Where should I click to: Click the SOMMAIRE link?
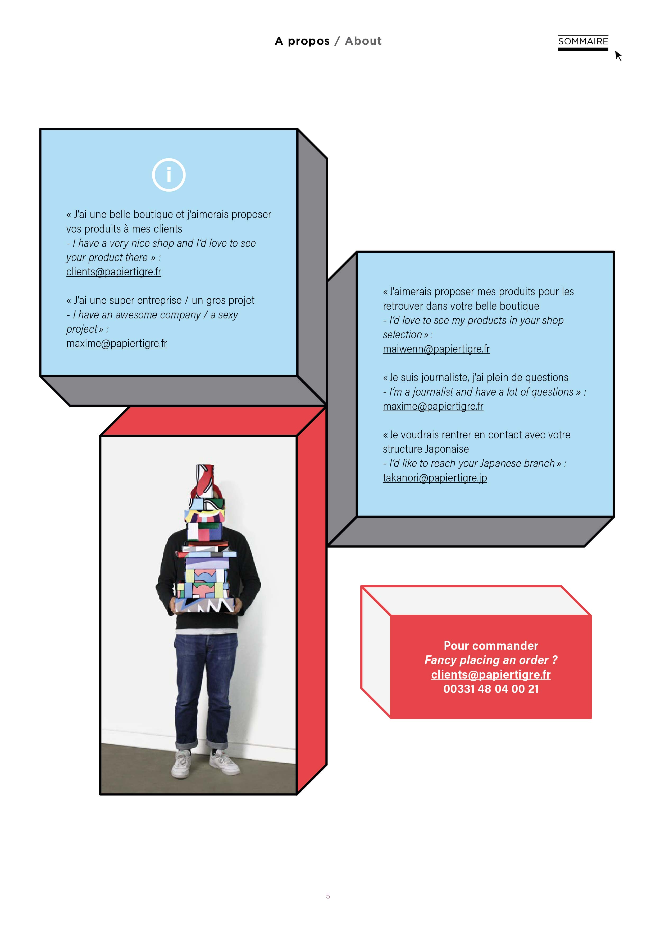click(x=582, y=41)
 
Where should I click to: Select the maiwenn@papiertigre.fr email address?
click(x=436, y=349)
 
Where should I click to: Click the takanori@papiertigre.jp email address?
click(x=435, y=478)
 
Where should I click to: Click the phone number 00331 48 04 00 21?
click(x=491, y=689)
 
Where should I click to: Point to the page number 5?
click(x=328, y=896)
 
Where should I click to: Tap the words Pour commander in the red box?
click(x=491, y=646)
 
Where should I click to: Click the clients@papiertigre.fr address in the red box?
click(x=491, y=675)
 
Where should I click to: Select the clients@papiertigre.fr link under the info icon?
click(x=113, y=272)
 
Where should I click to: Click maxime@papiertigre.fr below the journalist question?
click(x=433, y=406)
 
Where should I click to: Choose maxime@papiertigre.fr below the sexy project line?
click(x=116, y=343)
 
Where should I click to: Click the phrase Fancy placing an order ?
click(x=491, y=660)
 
